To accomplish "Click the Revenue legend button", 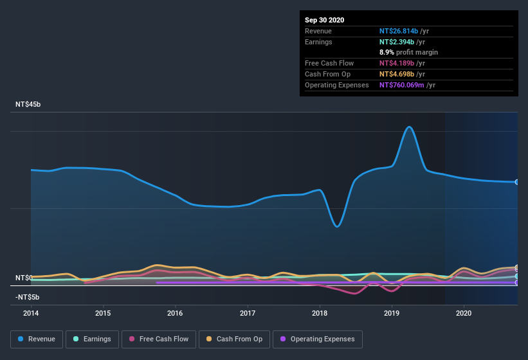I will [37, 339].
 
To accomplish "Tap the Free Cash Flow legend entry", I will [159, 339].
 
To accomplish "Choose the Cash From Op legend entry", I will [235, 339].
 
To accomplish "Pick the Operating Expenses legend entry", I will [317, 339].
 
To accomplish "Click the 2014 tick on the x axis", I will [31, 314].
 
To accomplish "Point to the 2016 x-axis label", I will [175, 314].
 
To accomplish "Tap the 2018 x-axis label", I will [320, 314].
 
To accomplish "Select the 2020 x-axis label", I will [464, 314].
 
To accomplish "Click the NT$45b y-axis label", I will [27, 104].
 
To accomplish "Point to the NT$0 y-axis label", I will [23, 278].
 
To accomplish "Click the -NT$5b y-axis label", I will [27, 297].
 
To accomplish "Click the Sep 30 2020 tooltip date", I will [324, 20].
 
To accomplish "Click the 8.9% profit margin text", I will [408, 52].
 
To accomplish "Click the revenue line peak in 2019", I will [408, 127].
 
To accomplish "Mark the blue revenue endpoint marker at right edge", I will [517, 182].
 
